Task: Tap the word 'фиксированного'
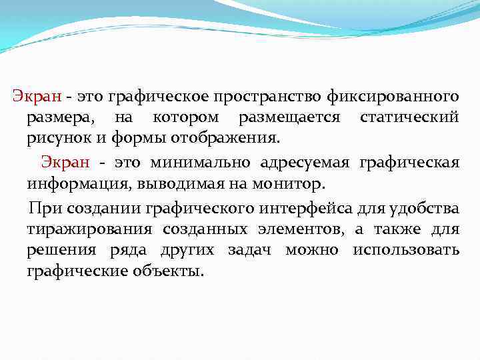[x=392, y=97]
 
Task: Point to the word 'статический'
[x=409, y=118]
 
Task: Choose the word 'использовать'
[x=406, y=250]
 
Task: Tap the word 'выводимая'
[x=164, y=183]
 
